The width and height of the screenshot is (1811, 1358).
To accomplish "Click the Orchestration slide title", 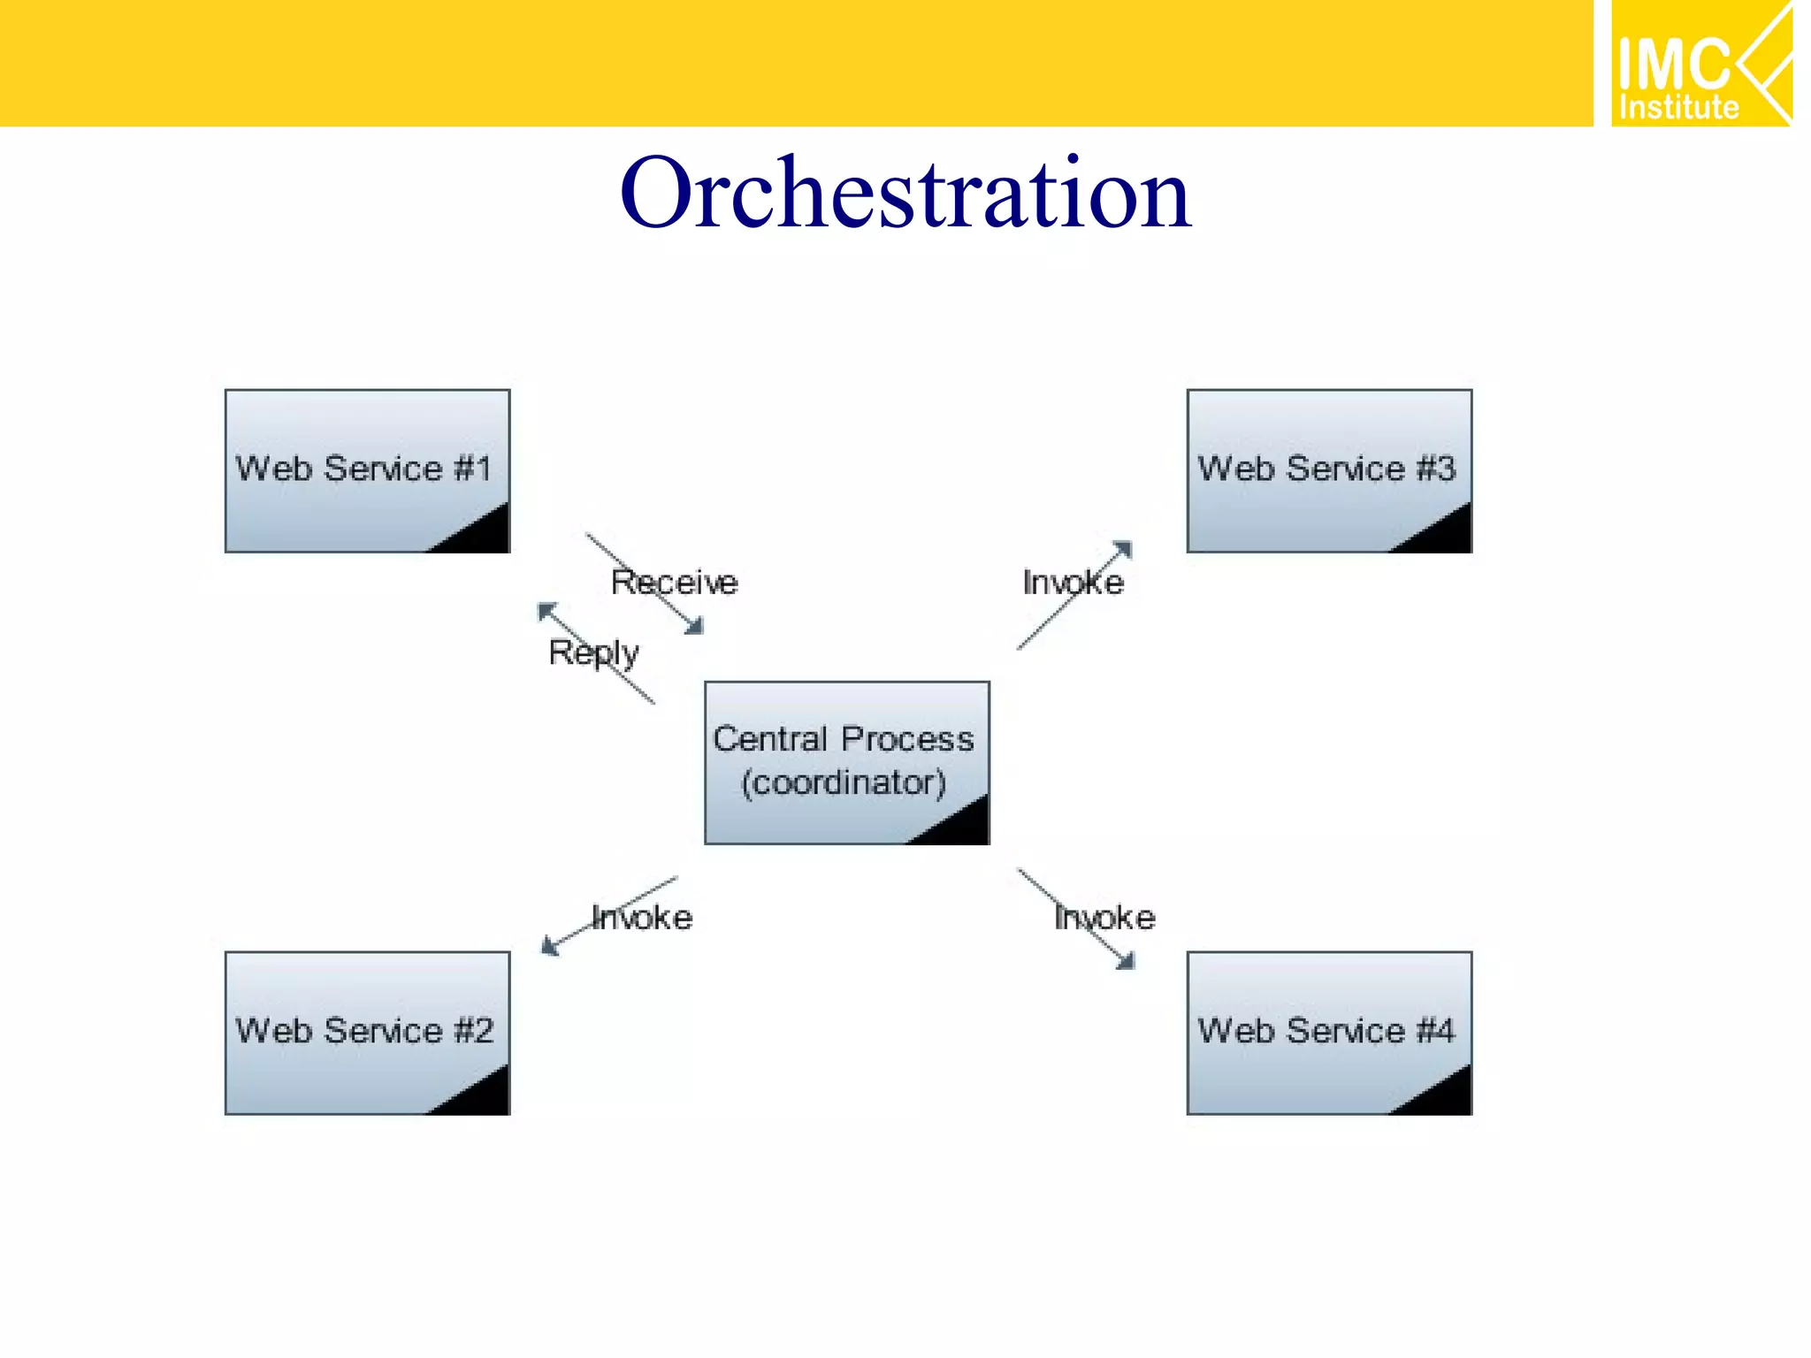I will point(905,193).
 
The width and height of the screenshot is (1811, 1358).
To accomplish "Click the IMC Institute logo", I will point(1700,64).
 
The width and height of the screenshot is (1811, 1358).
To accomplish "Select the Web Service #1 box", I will point(367,470).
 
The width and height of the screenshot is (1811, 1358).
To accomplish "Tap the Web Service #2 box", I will point(367,1032).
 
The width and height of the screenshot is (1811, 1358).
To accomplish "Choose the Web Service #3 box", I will point(1328,470).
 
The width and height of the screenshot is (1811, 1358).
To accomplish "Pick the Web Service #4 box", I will point(1328,1032).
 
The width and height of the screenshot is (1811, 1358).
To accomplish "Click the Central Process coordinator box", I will point(846,761).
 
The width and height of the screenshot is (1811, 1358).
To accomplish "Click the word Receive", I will point(674,583).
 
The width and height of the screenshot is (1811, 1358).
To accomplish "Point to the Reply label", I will point(592,652).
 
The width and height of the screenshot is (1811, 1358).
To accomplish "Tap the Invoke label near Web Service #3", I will point(1073,583).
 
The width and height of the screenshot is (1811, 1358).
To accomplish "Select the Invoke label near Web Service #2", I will point(642,918).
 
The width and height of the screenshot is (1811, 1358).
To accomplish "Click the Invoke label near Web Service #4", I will point(1104,918).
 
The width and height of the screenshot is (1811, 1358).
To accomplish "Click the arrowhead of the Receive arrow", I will point(696,627).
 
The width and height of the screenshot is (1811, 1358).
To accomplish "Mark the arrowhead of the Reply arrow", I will point(546,610).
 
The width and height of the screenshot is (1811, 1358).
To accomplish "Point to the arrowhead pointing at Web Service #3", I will point(1123,549).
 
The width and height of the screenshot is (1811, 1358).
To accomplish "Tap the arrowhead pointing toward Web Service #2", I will point(549,947).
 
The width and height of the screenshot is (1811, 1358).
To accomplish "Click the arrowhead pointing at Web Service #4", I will point(1126,961).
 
